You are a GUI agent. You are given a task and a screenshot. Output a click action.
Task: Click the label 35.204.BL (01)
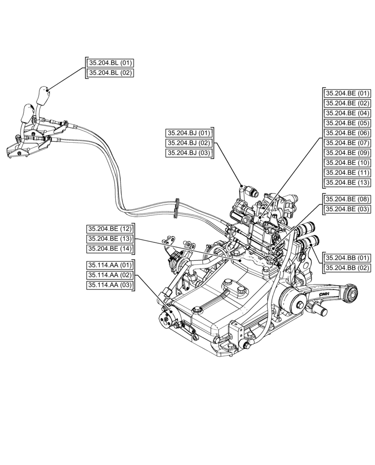pos(110,63)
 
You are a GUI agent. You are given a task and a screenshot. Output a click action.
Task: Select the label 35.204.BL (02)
pos(110,73)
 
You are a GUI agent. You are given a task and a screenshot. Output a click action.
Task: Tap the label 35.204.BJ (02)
pos(188,143)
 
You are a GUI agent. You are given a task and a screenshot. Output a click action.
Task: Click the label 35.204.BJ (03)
pos(188,153)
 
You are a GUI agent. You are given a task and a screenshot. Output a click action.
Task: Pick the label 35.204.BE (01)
pos(347,93)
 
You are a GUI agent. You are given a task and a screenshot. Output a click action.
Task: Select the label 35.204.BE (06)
pos(347,133)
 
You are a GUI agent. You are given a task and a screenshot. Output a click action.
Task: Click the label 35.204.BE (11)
pos(347,172)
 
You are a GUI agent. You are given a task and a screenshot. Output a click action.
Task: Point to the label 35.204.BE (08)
pos(347,199)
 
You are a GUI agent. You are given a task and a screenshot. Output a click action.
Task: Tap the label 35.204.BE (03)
pos(347,210)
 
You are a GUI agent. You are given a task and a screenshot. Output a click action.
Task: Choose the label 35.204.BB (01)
pos(347,258)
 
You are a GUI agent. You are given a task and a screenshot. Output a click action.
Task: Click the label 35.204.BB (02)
pos(347,268)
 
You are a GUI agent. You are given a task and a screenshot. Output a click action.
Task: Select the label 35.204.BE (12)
pos(110,229)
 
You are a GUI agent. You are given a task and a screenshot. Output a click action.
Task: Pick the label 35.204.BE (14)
pos(110,249)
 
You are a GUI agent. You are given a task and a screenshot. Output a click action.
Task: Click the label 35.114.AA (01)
pos(110,265)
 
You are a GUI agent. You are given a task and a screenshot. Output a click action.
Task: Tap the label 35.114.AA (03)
pos(110,285)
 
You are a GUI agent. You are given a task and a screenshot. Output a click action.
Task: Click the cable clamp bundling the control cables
pos(176,208)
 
